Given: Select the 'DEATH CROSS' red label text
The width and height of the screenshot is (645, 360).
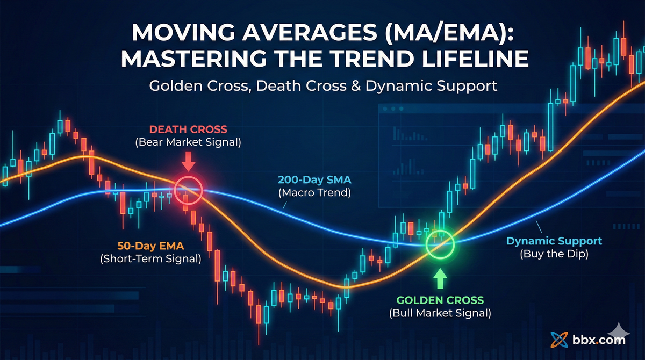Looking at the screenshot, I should click(x=188, y=129).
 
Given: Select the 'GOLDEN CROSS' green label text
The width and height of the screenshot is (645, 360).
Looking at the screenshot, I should click(x=440, y=300).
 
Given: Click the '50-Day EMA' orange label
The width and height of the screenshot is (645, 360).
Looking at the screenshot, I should click(x=150, y=247).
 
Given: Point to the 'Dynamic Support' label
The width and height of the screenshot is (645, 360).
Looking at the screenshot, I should click(x=554, y=241).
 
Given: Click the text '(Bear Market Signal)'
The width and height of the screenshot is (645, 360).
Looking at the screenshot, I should click(x=188, y=142).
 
